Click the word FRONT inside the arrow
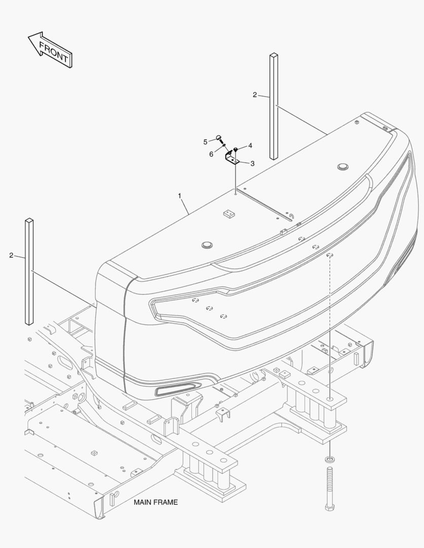[53, 52]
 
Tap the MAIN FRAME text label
[156, 502]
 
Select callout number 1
[180, 196]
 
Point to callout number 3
[252, 163]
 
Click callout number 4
[250, 146]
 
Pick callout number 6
[211, 154]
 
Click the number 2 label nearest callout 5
[255, 95]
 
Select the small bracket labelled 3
[231, 159]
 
